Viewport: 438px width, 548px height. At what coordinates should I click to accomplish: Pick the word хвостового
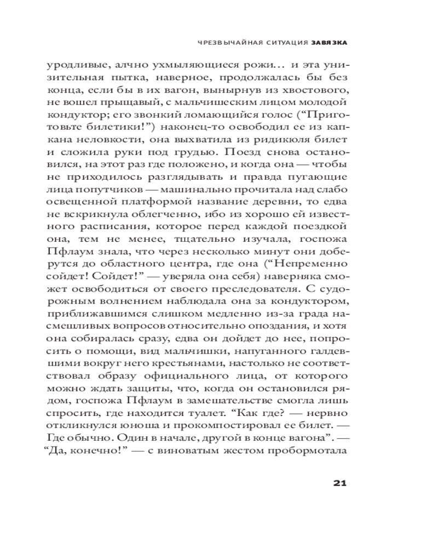(313, 90)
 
